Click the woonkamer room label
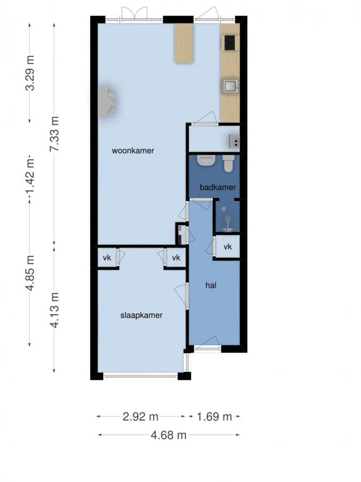(133, 151)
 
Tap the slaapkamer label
(141, 315)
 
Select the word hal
(211, 285)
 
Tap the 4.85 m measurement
(30, 273)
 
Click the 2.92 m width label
(140, 416)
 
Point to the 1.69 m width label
(214, 416)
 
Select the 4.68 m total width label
(168, 435)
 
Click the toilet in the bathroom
(228, 163)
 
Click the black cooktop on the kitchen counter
(230, 42)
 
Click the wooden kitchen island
(184, 43)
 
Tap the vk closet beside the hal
(227, 247)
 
